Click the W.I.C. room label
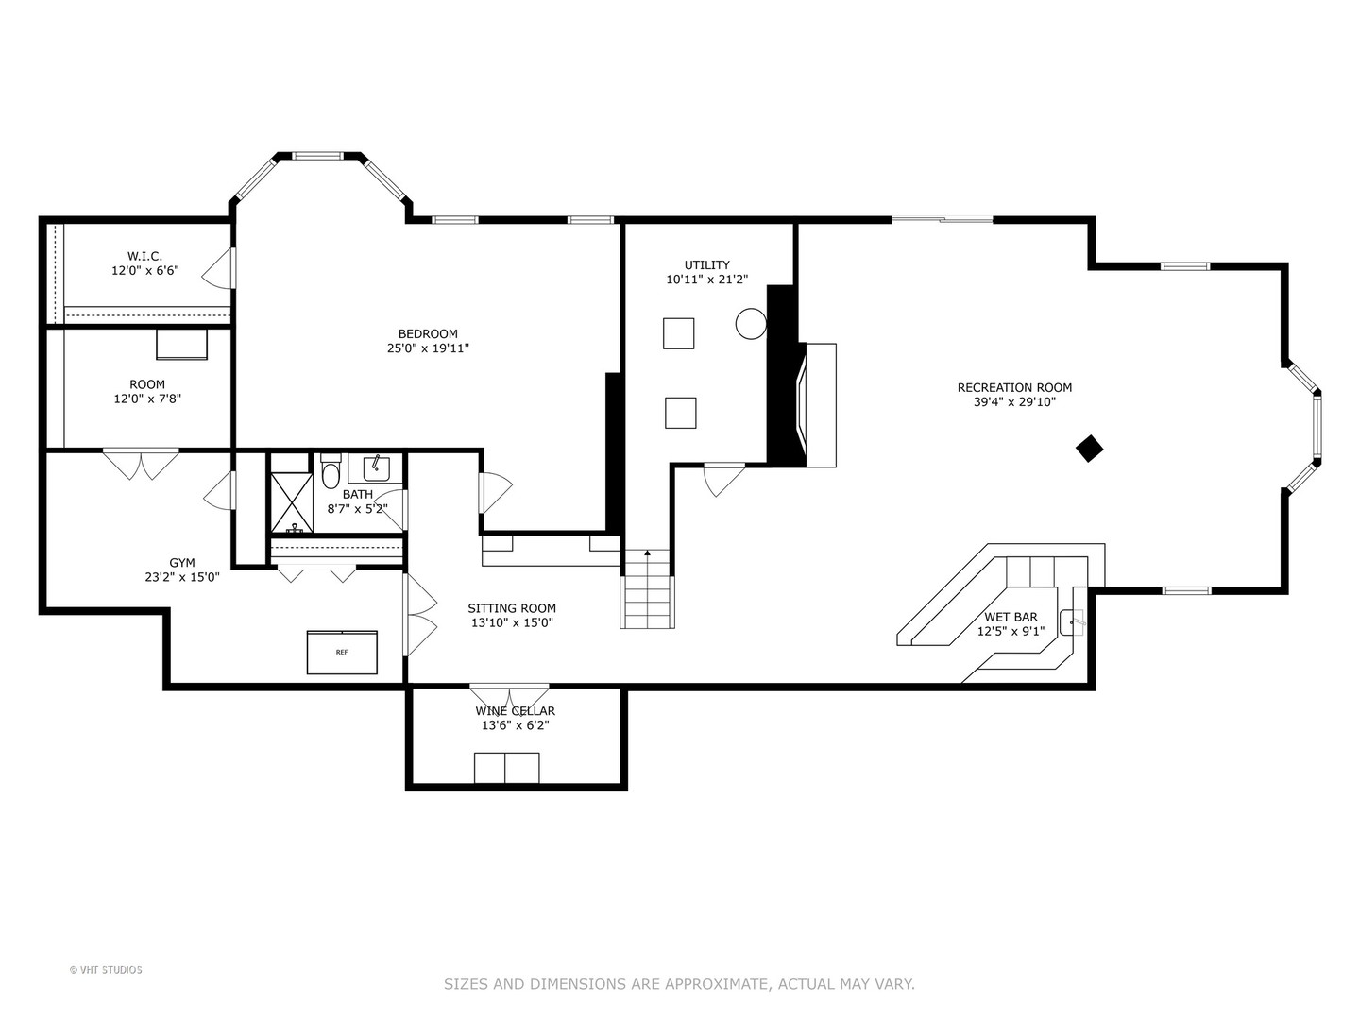tap(145, 256)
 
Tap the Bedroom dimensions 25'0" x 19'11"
tap(428, 348)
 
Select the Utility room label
tap(707, 265)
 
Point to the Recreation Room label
tap(1014, 387)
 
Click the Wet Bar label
tap(1011, 617)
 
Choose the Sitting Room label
tap(512, 608)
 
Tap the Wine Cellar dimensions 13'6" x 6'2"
tap(516, 725)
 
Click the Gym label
tap(182, 562)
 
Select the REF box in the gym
tap(342, 652)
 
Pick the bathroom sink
tap(376, 468)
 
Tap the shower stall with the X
tap(292, 502)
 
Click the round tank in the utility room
tap(751, 323)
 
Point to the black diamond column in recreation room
tap(1089, 449)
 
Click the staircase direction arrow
tap(648, 552)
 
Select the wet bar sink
tap(1073, 621)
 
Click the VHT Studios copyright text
tap(106, 970)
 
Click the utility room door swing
tap(723, 481)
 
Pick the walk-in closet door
tap(219, 267)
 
